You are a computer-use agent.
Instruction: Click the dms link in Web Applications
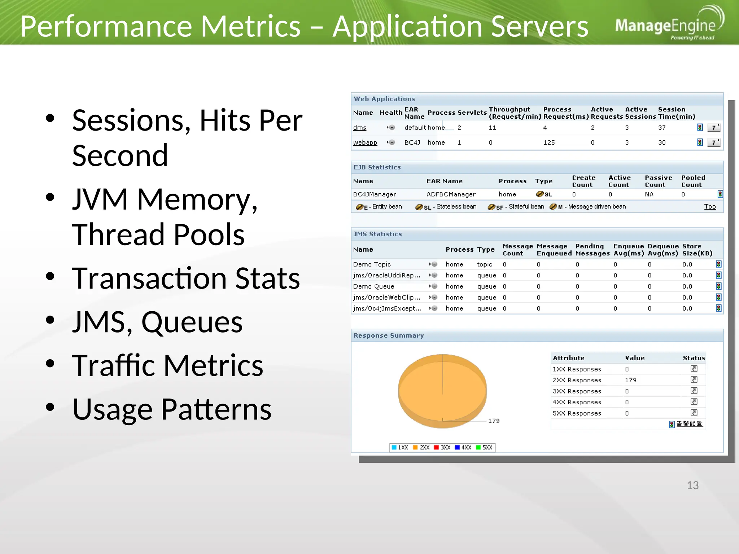click(x=359, y=128)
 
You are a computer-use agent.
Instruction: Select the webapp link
click(x=365, y=142)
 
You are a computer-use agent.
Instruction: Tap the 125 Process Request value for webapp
click(x=549, y=142)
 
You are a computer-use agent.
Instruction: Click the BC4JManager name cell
click(x=374, y=194)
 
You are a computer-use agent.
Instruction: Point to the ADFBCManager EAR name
click(x=451, y=194)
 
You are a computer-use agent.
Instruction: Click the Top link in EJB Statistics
click(x=709, y=207)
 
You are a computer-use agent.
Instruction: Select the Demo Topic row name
click(x=372, y=264)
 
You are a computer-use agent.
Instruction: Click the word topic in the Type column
click(x=484, y=264)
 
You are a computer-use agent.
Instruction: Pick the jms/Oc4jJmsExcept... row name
click(x=387, y=308)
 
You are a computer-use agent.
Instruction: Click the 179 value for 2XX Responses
click(x=630, y=380)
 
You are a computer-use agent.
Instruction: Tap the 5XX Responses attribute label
click(x=577, y=413)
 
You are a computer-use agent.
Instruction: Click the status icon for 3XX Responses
click(x=694, y=391)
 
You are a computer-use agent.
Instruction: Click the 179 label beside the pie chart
click(x=494, y=421)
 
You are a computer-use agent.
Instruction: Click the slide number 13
click(x=692, y=485)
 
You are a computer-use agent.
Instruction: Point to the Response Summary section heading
click(x=388, y=335)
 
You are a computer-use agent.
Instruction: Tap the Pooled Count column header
click(x=693, y=181)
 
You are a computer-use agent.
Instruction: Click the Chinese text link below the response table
click(x=689, y=424)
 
